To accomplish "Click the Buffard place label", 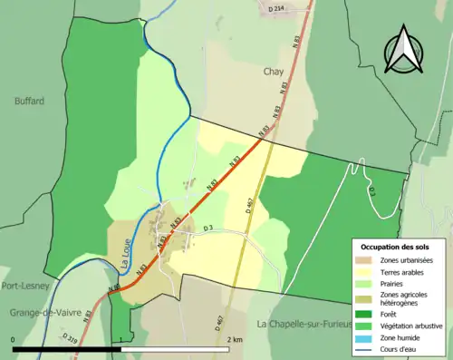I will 29,101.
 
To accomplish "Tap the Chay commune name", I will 273,72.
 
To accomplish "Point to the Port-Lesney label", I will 24,286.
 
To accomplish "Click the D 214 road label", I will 275,7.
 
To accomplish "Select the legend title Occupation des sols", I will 396,247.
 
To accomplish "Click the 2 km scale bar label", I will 236,339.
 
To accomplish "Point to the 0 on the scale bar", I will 14,339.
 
